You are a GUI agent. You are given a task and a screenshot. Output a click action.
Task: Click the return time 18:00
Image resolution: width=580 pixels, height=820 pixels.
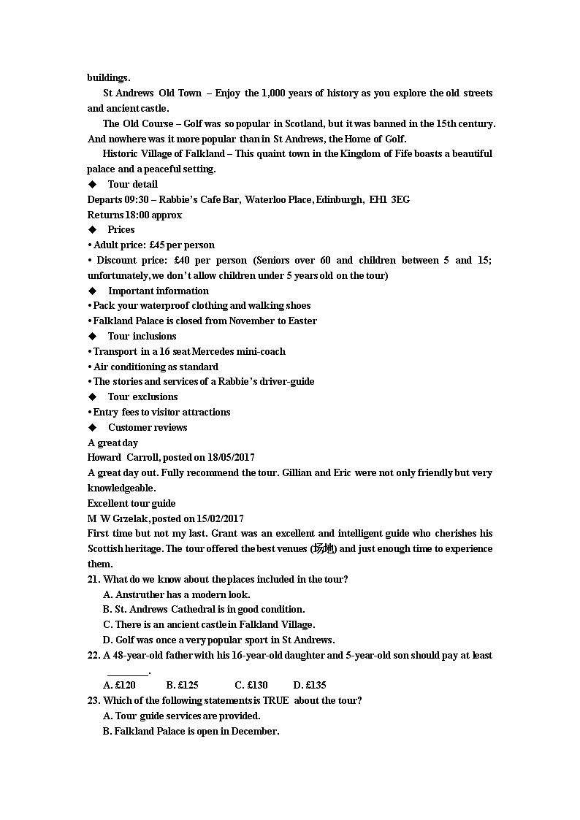(135, 215)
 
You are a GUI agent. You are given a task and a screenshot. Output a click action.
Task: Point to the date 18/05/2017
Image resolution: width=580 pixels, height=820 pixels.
(231, 457)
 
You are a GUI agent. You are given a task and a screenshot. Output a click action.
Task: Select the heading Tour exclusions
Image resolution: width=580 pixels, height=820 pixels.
(142, 396)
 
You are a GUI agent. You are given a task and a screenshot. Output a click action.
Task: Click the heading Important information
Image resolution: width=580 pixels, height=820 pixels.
(159, 291)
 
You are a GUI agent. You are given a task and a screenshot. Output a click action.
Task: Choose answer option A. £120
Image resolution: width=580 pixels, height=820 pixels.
(120, 685)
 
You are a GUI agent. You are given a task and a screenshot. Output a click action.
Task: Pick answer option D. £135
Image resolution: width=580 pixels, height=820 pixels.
(310, 685)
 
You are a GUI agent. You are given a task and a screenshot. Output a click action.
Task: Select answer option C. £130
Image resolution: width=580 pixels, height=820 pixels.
(251, 685)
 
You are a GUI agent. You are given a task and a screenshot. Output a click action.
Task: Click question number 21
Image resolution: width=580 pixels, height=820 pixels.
(94, 579)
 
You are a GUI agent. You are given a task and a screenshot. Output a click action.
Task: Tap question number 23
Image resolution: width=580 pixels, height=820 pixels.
(94, 700)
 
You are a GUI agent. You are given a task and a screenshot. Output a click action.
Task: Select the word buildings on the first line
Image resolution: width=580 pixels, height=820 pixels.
(109, 77)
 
